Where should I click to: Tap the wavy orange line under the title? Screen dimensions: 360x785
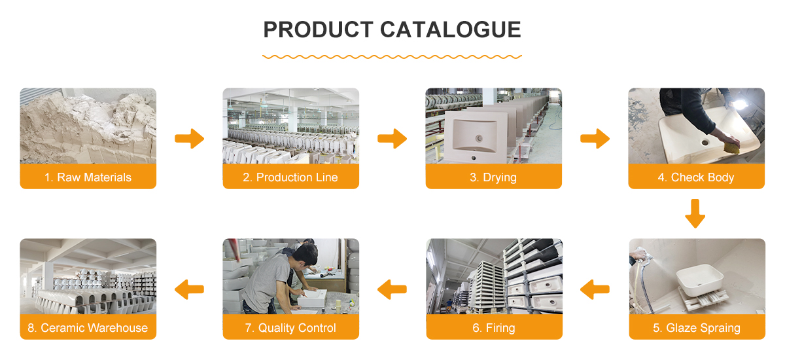point(392,57)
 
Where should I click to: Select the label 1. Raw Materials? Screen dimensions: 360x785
point(88,177)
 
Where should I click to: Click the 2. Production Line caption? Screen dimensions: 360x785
point(290,177)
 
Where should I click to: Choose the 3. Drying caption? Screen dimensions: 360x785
point(493,177)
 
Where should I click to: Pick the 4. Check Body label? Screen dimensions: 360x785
point(696,177)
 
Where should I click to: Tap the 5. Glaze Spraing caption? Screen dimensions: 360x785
point(697,328)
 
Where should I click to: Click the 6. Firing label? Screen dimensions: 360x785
point(494,328)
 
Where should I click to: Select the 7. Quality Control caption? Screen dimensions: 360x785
point(290,328)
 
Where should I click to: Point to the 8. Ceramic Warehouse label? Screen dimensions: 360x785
point(88,328)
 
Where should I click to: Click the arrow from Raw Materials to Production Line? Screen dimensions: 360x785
point(190,139)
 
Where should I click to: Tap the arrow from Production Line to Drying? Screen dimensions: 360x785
point(392,139)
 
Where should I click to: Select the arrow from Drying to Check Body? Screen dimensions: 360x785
point(595,139)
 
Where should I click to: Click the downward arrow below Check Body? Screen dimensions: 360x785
point(695,214)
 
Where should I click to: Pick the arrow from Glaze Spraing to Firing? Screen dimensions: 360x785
point(595,288)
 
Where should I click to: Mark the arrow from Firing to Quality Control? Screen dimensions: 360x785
point(392,288)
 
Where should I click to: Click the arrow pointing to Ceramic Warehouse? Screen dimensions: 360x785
point(190,288)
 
